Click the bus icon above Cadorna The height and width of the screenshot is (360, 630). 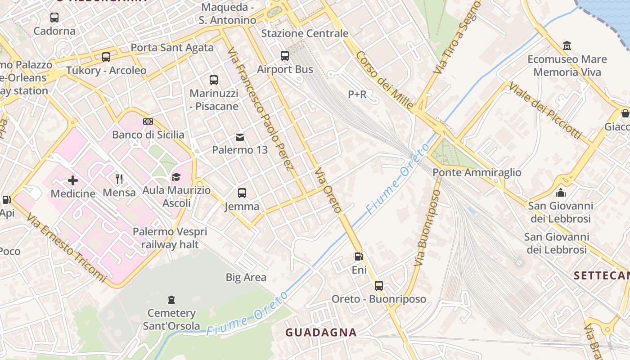coord(54,18)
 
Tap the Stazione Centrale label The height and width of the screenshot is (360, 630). coord(305,33)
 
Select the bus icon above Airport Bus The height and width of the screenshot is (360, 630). coord(285,56)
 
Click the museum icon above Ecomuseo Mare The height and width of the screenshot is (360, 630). coord(567,45)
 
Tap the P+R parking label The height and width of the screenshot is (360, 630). coord(357,94)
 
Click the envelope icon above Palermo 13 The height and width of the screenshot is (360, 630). coord(240,137)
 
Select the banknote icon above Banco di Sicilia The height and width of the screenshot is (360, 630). coord(148,121)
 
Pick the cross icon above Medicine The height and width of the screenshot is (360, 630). coord(73,180)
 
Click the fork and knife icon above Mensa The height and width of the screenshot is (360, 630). coord(119,179)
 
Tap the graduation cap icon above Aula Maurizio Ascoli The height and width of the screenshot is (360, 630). coord(176,177)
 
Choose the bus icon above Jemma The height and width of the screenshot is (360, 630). coord(242,193)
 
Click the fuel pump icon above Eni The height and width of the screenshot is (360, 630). coord(359,256)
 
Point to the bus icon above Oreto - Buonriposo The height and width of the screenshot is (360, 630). coord(379,285)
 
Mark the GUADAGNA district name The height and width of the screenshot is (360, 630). coord(321,333)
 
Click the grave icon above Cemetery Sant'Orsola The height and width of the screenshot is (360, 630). coord(171,299)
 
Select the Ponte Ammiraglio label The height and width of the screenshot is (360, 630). coord(477,172)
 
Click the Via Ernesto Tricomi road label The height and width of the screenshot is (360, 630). coord(66,248)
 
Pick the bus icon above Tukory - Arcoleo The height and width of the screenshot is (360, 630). coord(106,57)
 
